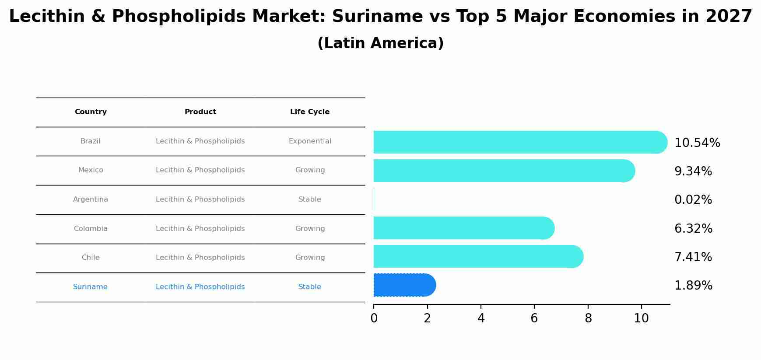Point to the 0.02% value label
pos(693,200)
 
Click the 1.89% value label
pos(693,286)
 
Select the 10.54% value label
pos(697,143)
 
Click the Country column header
pos(91,112)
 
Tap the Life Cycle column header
pos(310,112)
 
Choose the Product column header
pos(200,112)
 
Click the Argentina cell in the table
pos(91,199)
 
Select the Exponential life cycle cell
pos(310,141)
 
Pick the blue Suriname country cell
pos(90,287)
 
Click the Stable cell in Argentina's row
pos(310,199)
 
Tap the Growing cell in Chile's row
pos(310,258)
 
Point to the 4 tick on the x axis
pos(481,318)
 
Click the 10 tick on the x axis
pos(642,318)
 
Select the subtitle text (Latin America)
pos(380,43)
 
